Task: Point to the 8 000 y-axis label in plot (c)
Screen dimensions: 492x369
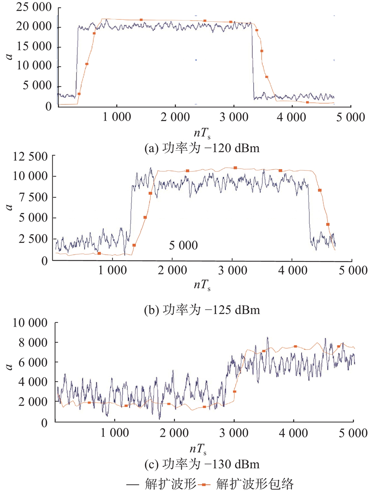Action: (34, 342)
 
